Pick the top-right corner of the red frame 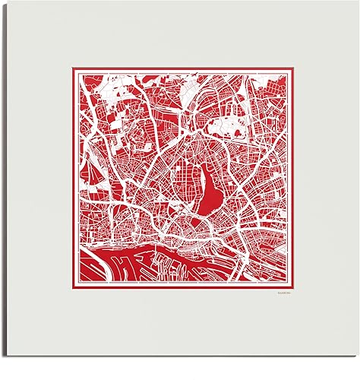297,70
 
